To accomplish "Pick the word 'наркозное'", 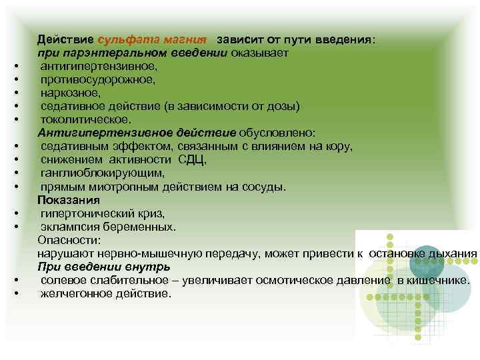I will coord(70,93).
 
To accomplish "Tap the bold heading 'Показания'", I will coord(69,199).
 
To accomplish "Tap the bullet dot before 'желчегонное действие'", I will coord(15,293).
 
